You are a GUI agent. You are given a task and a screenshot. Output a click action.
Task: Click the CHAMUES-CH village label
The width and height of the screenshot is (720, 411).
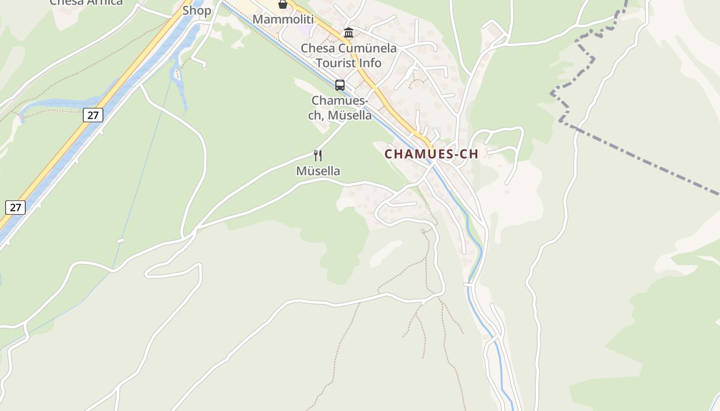pyautogui.click(x=431, y=154)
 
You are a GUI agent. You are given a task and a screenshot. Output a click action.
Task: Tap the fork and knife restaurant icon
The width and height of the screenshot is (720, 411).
pyautogui.click(x=318, y=155)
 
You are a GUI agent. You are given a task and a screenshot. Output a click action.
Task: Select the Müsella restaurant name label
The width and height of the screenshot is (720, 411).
pyautogui.click(x=318, y=171)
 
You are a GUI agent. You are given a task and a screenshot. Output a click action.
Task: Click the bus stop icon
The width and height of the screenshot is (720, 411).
pyautogui.click(x=340, y=85)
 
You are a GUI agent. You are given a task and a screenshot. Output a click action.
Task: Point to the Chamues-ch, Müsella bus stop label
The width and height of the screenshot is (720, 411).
pyautogui.click(x=340, y=108)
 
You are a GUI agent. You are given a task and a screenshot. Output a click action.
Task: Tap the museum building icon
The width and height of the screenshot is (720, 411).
pyautogui.click(x=349, y=33)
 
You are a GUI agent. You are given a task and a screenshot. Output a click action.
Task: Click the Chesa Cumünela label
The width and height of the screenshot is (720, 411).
pyautogui.click(x=349, y=48)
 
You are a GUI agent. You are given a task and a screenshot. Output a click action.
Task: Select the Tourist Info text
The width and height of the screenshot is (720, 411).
pyautogui.click(x=349, y=63)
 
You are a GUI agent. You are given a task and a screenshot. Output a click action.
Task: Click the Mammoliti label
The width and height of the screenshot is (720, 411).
pyautogui.click(x=283, y=20)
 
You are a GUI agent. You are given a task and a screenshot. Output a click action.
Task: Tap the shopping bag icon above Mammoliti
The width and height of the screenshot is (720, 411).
pyautogui.click(x=282, y=5)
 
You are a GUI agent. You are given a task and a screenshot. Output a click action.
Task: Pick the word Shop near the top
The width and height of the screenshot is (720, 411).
pyautogui.click(x=197, y=10)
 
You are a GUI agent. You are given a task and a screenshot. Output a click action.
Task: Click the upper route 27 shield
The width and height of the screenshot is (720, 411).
pyautogui.click(x=93, y=115)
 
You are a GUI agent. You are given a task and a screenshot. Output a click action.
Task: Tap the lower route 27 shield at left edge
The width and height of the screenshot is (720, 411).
pyautogui.click(x=15, y=207)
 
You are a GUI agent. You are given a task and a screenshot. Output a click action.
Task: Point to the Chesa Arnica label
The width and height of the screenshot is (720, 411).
pyautogui.click(x=86, y=2)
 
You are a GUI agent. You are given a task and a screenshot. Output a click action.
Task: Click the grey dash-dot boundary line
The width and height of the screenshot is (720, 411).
pyautogui.click(x=643, y=159)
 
